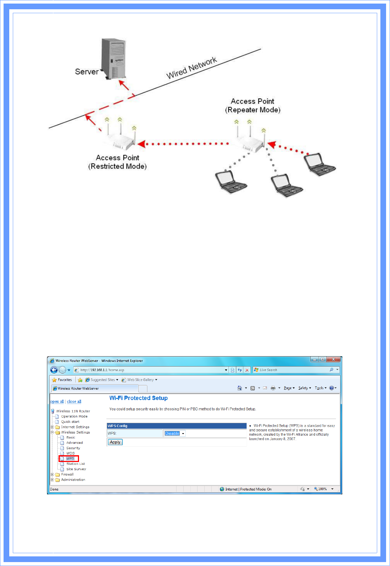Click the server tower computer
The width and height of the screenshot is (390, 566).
tap(114, 59)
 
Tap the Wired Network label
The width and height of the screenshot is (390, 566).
tap(191, 68)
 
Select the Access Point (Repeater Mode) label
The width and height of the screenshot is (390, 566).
tap(253, 105)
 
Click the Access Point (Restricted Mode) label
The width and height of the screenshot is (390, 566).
tap(117, 162)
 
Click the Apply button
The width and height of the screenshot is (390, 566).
tap(115, 442)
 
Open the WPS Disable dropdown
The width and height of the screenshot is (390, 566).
tap(175, 433)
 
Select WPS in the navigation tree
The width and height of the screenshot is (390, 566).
tap(70, 458)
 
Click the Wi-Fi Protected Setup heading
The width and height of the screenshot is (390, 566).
tap(138, 398)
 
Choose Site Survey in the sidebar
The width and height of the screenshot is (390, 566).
tap(76, 469)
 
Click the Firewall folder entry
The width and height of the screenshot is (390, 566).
tap(67, 474)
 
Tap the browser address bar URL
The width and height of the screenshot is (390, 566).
tap(102, 370)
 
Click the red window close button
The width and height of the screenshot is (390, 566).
tap(333, 360)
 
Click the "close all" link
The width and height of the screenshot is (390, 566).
tap(74, 401)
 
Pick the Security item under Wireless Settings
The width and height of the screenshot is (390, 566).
tap(73, 448)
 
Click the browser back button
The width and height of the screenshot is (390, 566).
tap(54, 370)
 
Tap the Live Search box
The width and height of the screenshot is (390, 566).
tap(292, 370)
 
